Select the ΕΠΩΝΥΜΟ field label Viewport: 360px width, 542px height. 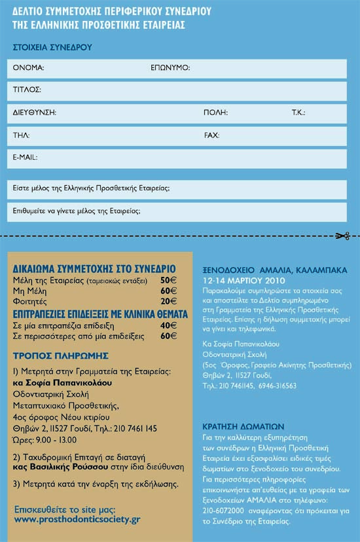[x=170, y=67]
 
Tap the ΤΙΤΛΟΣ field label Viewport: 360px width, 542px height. [x=27, y=89]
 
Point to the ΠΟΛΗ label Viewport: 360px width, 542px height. [x=215, y=113]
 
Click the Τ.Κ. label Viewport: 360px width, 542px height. [x=298, y=113]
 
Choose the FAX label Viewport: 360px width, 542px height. [x=211, y=135]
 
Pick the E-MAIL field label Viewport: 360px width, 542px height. [x=26, y=158]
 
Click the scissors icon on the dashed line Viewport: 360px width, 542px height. [x=343, y=236]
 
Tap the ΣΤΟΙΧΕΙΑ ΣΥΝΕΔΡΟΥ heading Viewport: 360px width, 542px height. [x=52, y=47]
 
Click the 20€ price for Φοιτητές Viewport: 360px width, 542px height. [x=169, y=301]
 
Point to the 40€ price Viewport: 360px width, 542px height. [x=169, y=325]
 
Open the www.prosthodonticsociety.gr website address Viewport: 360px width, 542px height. [x=77, y=519]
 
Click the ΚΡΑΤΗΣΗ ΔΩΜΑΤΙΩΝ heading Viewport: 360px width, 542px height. [x=243, y=424]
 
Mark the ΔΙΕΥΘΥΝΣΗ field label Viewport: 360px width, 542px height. [x=34, y=113]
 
